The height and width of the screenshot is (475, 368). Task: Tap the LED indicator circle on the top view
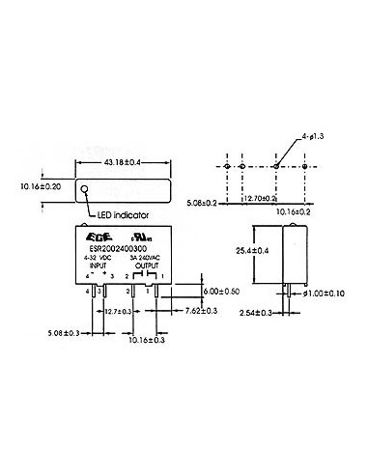pyautogui.click(x=85, y=189)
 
